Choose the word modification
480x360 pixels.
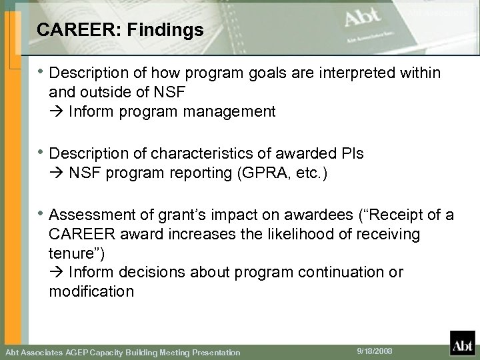coord(91,291)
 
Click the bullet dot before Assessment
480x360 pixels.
coord(40,215)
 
